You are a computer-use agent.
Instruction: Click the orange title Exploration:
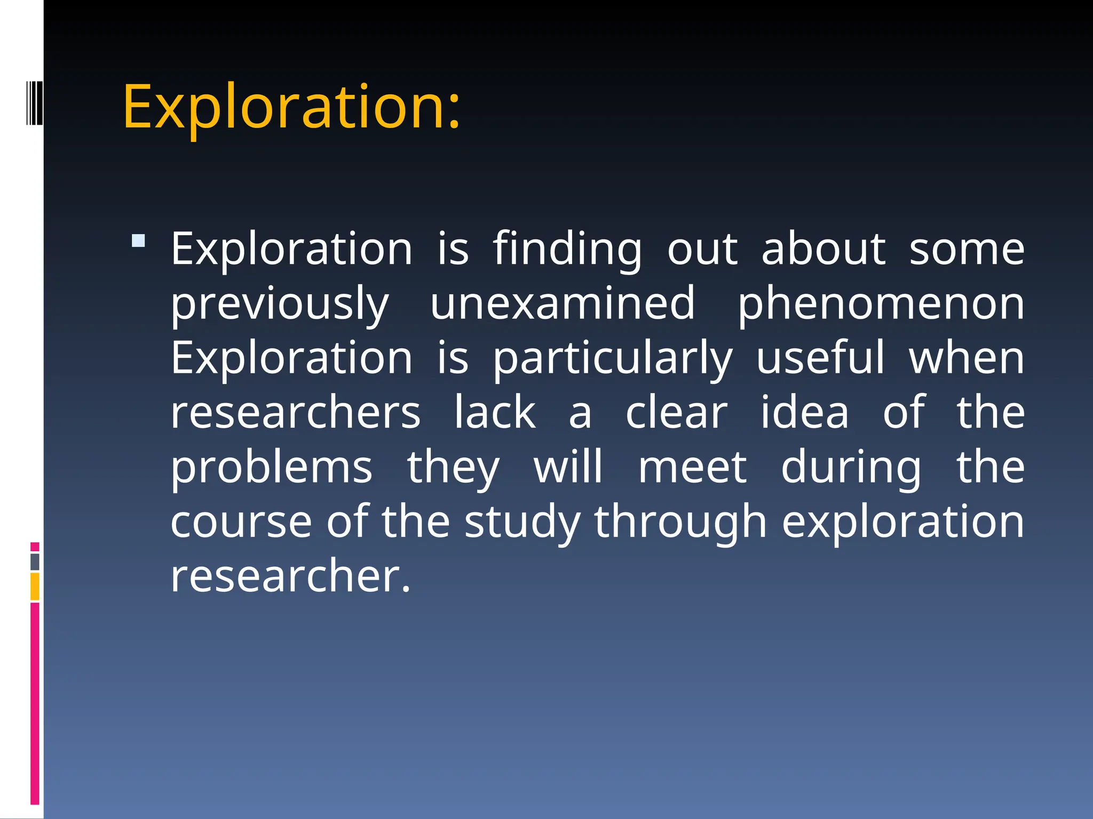pyautogui.click(x=291, y=108)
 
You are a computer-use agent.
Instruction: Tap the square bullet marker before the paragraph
pyautogui.click(x=138, y=240)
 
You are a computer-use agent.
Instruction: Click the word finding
pyautogui.click(x=567, y=250)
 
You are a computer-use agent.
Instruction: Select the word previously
pyautogui.click(x=280, y=304)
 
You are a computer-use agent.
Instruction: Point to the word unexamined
pyautogui.click(x=563, y=303)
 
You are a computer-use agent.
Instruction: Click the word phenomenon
pyautogui.click(x=881, y=304)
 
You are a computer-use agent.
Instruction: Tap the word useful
pyautogui.click(x=820, y=358)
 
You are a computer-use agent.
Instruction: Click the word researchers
pyautogui.click(x=296, y=413)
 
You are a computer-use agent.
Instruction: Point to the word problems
pyautogui.click(x=271, y=468)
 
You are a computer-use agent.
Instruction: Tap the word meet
pyautogui.click(x=692, y=467)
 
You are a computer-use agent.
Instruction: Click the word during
pyautogui.click(x=851, y=468)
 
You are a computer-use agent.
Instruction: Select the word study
pyautogui.click(x=522, y=523)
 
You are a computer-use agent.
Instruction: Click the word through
pyautogui.click(x=680, y=523)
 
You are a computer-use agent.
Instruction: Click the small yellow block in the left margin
pyautogui.click(x=35, y=587)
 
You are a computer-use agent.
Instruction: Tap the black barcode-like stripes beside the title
pyautogui.click(x=35, y=102)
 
